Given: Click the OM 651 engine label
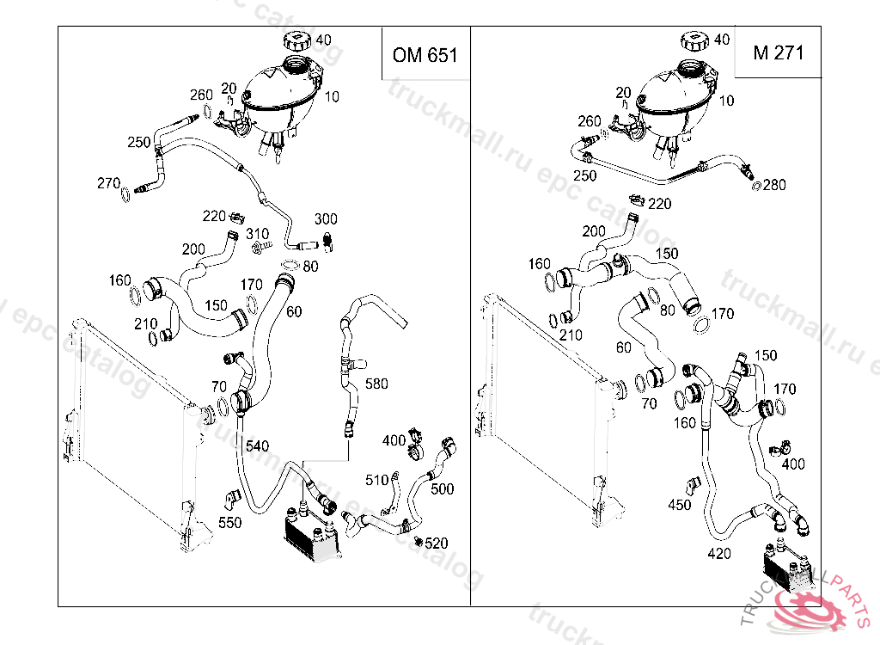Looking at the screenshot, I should pos(425,55).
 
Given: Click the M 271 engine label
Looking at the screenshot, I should pos(778,52).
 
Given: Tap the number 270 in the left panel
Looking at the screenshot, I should pos(108,182).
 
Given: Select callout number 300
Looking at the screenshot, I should pos(326,218).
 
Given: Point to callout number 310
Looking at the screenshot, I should pos(258,233).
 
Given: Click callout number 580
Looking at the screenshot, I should pos(376,383).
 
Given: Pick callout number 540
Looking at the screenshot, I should pos(257,445).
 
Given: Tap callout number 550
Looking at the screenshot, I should pos(230,521).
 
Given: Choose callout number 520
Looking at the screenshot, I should pos(437,543).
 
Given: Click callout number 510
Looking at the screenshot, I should pos(377,480).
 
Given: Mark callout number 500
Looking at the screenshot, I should pos(442,488).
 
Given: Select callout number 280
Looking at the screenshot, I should pos(774,184).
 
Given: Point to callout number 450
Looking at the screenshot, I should pos(679,505).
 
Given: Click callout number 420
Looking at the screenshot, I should pos(719,553).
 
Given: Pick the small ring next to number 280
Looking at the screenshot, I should pos(756,185).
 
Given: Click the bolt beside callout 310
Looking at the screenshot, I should pos(257,249).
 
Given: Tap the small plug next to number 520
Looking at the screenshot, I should pos(418,541).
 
